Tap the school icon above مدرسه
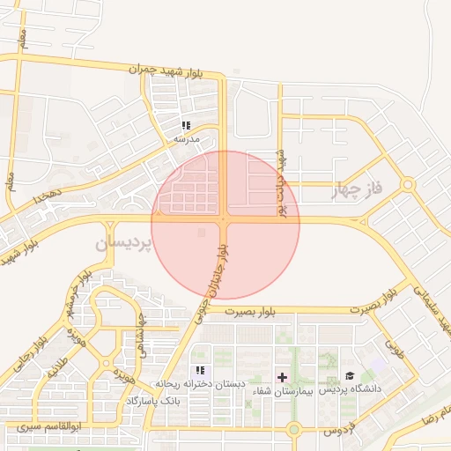(186, 126)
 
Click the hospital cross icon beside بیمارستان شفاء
(282, 376)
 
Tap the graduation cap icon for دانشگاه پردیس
(350, 376)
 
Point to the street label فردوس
(336, 431)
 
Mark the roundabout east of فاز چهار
(407, 185)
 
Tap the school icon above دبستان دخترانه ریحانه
(200, 371)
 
